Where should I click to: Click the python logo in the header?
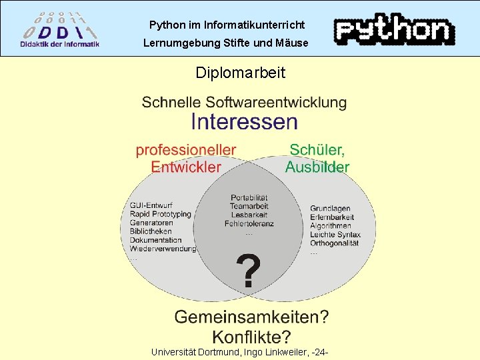(395, 29)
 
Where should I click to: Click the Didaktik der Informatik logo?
(60, 29)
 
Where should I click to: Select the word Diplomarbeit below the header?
(240, 72)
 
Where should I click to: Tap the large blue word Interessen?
(244, 121)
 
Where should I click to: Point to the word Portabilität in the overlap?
(249, 197)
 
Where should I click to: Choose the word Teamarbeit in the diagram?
(249, 206)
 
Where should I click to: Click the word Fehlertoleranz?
(249, 224)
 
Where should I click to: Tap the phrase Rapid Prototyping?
(161, 214)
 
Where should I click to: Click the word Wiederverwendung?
(163, 249)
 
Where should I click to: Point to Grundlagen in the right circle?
(330, 209)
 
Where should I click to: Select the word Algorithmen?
(331, 226)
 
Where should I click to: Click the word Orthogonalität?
(335, 243)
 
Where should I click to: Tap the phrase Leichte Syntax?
(335, 235)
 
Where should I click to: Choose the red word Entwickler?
(186, 167)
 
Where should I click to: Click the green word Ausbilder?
(317, 167)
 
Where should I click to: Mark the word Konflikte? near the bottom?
(251, 337)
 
